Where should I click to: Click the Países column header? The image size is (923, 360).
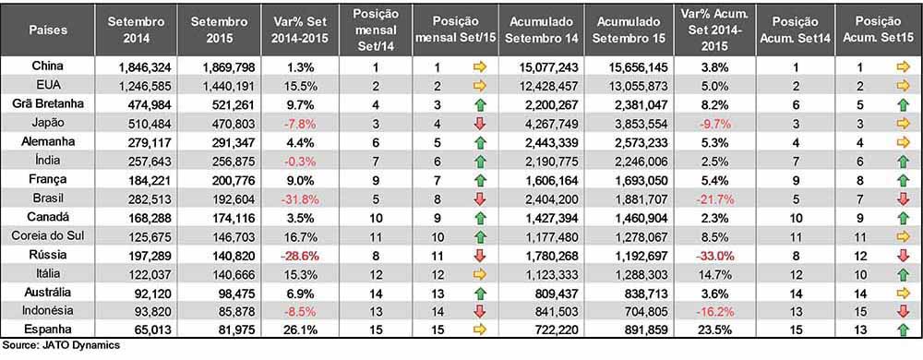pos(48,30)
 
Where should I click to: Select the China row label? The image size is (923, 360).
pos(48,66)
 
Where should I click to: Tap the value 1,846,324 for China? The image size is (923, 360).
pos(140,68)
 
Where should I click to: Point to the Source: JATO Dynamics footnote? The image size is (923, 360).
pos(61,346)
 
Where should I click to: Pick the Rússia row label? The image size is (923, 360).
pos(48,255)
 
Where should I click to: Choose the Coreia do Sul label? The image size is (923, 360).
pos(48,236)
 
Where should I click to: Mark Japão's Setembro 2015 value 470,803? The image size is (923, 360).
pos(225,125)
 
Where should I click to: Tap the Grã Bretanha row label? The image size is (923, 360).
pos(48,104)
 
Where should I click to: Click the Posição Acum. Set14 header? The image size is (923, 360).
pos(795,30)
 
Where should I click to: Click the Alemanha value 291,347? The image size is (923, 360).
pos(225,143)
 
